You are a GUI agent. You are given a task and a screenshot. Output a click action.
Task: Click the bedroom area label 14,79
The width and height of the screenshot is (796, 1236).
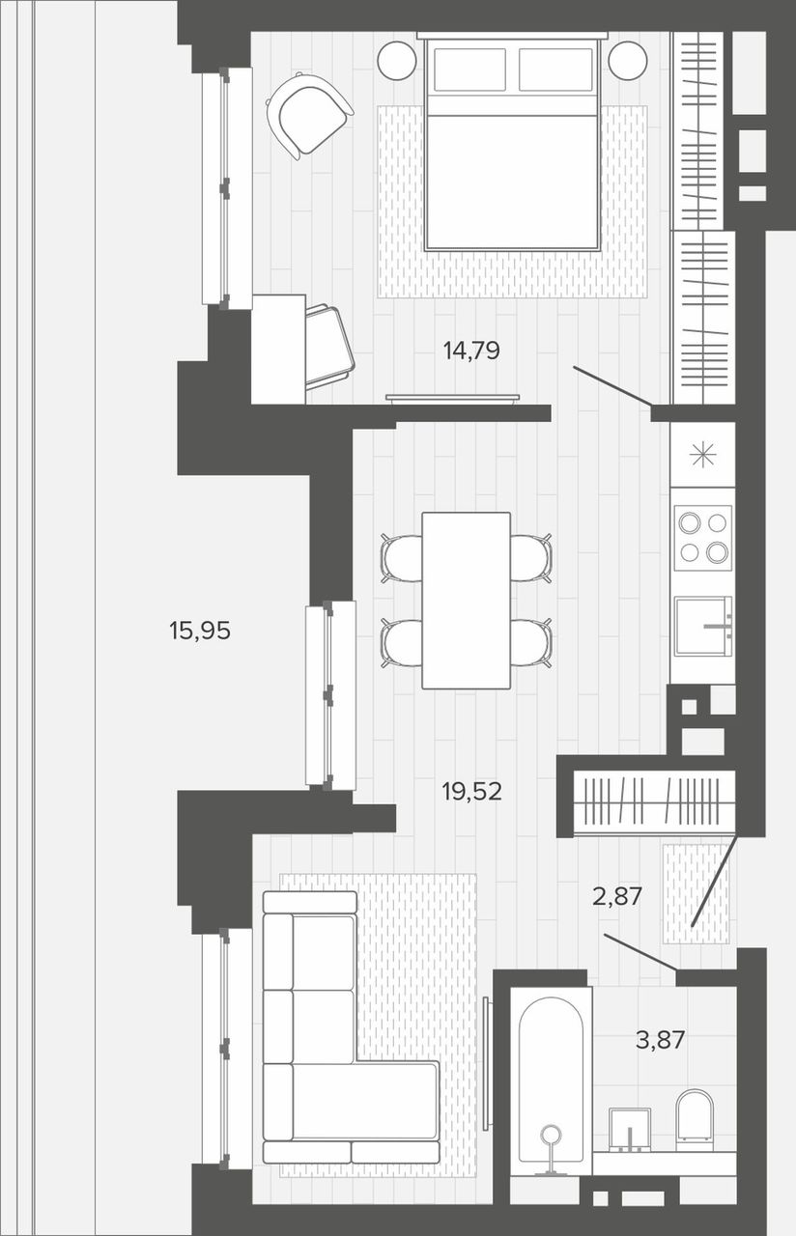coord(471,351)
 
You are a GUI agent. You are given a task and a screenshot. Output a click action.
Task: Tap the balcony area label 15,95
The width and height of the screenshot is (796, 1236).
coord(200,631)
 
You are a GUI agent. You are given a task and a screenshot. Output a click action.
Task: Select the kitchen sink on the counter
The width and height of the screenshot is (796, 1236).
coord(703,626)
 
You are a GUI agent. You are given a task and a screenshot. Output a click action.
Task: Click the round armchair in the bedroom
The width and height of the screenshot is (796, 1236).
coord(309,115)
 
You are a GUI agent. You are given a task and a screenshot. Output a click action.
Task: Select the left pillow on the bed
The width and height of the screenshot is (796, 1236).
coord(469,70)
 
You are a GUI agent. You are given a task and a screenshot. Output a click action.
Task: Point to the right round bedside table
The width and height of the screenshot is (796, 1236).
coord(628,61)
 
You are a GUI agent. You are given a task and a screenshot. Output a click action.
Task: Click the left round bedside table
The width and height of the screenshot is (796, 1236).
coord(397,61)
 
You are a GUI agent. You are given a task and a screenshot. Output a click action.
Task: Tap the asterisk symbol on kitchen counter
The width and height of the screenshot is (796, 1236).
coord(703,456)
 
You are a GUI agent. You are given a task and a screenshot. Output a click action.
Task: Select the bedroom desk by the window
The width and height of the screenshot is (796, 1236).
coord(279,349)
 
